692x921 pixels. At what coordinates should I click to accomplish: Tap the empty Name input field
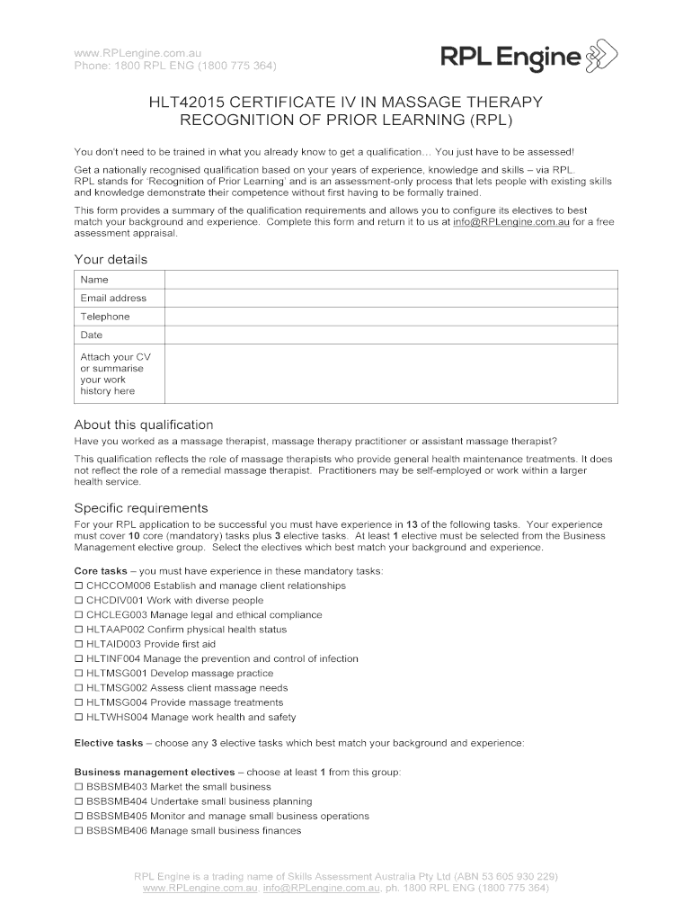tap(390, 280)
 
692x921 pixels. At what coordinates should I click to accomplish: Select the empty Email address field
tap(390, 298)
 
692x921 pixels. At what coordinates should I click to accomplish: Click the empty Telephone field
tap(390, 317)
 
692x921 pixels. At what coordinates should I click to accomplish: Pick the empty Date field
tap(390, 335)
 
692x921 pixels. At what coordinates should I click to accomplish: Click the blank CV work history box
tap(390, 373)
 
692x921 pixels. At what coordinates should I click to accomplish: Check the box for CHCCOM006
tap(78, 586)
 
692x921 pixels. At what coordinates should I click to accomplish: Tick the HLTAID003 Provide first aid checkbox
tap(78, 644)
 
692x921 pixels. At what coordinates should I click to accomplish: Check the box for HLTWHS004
tap(78, 718)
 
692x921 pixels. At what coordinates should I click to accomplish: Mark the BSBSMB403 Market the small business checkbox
tap(78, 787)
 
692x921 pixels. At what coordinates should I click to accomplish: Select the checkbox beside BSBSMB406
tap(78, 831)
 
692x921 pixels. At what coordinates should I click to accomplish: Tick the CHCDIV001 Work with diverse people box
tap(78, 601)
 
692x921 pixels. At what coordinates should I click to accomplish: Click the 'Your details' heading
tap(111, 260)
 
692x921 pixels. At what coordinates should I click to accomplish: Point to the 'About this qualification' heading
tap(144, 425)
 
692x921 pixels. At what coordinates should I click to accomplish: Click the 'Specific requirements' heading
tap(141, 507)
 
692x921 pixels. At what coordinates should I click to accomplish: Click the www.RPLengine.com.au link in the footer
tap(197, 889)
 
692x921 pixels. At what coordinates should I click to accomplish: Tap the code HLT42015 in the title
tap(188, 102)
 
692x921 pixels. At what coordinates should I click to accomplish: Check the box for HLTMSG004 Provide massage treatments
tap(78, 702)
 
